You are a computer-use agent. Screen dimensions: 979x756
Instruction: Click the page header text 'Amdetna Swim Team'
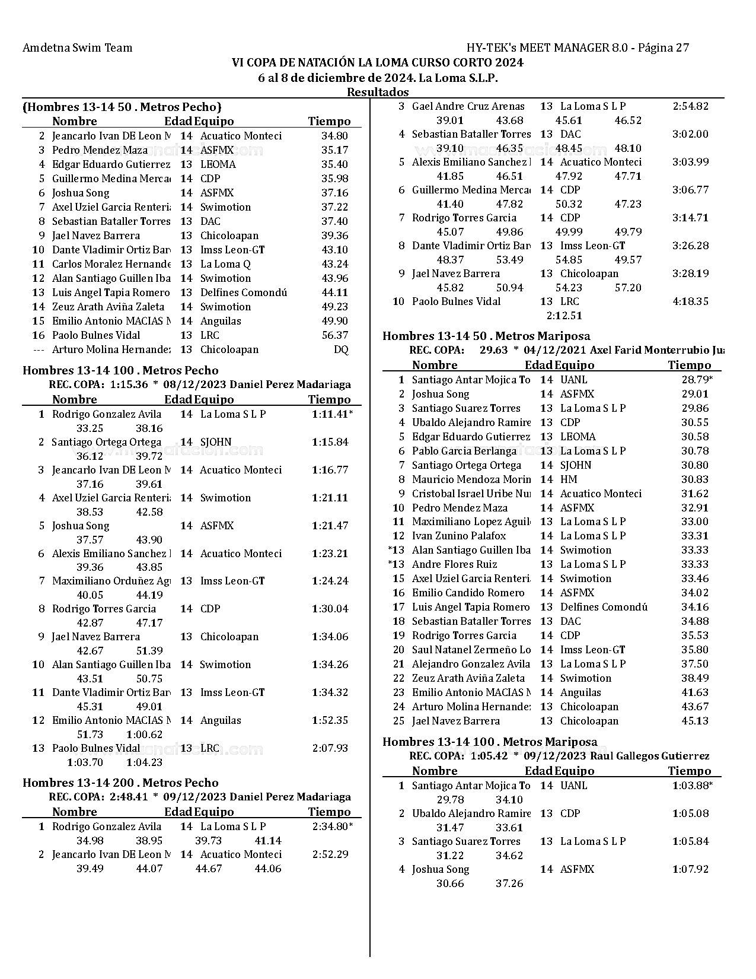(77, 48)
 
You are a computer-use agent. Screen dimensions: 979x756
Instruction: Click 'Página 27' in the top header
(664, 48)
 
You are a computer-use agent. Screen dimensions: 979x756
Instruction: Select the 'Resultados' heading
(378, 92)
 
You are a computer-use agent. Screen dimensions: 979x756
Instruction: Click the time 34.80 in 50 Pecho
(334, 136)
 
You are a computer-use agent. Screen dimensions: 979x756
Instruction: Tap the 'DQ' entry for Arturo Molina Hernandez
(341, 349)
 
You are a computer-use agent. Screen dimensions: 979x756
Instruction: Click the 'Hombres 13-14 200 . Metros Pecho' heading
(120, 783)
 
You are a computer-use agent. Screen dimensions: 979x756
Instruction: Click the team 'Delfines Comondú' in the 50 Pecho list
(243, 293)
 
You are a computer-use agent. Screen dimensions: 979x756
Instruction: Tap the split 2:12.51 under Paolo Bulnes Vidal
(564, 316)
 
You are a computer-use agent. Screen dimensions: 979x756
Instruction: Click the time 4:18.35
(690, 301)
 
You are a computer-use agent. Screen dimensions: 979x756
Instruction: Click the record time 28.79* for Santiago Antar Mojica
(697, 380)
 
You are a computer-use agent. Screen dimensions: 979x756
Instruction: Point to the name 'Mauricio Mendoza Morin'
(471, 479)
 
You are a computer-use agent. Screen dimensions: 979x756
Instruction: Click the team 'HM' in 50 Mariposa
(568, 479)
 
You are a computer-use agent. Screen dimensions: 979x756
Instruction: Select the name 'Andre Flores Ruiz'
(454, 564)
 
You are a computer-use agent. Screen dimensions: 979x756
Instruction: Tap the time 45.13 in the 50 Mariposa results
(695, 721)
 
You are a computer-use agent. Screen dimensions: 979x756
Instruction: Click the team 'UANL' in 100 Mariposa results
(573, 786)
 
